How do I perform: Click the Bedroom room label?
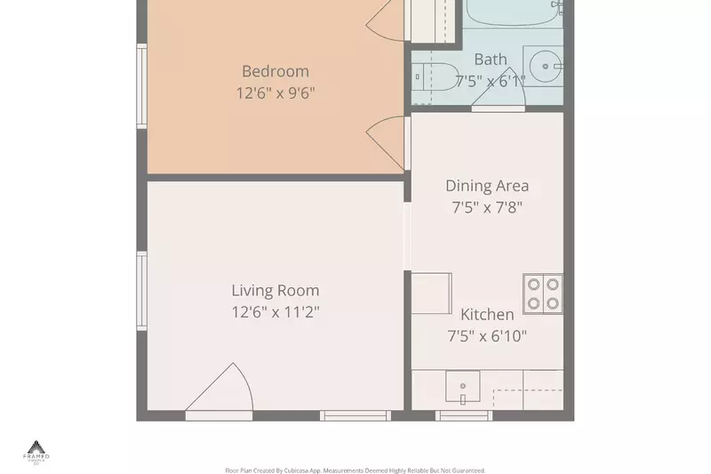(x=275, y=71)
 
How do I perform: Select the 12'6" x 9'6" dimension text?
(x=275, y=92)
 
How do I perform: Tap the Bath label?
(x=490, y=60)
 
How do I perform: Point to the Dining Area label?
(x=487, y=186)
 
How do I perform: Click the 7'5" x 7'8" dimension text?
(x=487, y=207)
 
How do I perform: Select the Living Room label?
(x=275, y=291)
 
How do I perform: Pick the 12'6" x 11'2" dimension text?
(x=275, y=312)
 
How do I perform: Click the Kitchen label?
(x=487, y=314)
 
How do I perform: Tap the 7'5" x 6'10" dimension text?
(x=487, y=335)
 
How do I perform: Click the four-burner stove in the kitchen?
(x=543, y=293)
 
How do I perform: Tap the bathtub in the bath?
(x=514, y=13)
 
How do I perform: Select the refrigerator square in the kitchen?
(x=431, y=293)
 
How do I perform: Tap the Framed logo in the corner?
(x=36, y=451)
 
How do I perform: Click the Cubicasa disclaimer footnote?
(x=355, y=470)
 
